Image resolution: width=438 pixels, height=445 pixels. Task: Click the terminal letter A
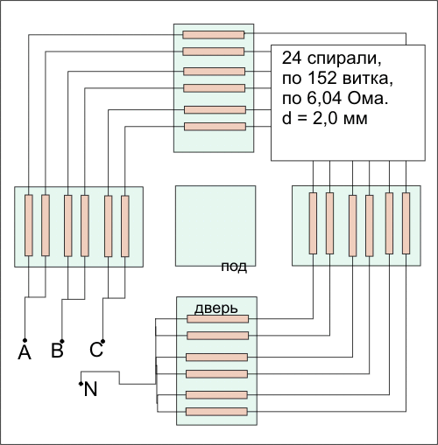click(25, 352)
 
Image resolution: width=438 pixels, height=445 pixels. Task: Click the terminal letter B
click(57, 351)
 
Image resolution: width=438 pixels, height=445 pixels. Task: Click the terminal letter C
click(96, 350)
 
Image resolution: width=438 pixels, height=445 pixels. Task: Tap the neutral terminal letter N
click(90, 389)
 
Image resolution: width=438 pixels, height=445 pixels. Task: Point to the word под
click(234, 267)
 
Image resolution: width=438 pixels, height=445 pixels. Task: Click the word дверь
click(216, 309)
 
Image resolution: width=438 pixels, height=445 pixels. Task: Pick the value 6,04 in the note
click(324, 98)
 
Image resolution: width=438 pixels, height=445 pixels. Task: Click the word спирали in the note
click(344, 59)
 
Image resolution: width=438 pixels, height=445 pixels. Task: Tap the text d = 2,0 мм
click(324, 118)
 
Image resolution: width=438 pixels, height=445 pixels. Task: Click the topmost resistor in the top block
click(214, 35)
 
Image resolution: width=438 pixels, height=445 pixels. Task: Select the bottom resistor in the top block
click(215, 127)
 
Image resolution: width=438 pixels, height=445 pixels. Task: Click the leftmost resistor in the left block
click(29, 226)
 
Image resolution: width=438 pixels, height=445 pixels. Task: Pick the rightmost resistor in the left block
click(125, 226)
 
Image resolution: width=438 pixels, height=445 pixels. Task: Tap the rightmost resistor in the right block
click(406, 223)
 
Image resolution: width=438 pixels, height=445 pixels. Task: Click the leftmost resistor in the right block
click(313, 223)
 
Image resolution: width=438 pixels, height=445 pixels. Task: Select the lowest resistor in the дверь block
click(216, 412)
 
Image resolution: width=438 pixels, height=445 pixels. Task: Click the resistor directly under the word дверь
click(218, 319)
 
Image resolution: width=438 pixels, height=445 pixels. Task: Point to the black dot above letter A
click(25, 340)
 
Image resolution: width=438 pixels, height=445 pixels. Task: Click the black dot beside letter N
click(81, 384)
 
